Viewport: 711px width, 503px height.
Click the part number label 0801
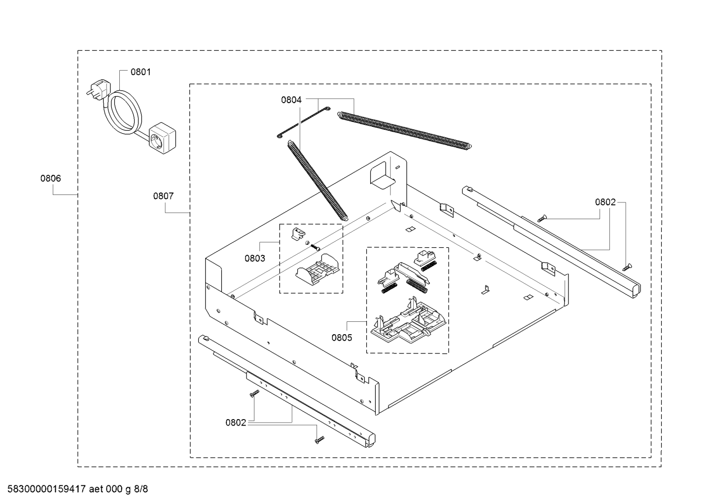pyautogui.click(x=141, y=72)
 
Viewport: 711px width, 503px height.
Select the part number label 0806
pyautogui.click(x=50, y=178)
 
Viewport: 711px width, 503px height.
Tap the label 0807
pyautogui.click(x=164, y=196)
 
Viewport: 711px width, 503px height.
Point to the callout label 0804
pyautogui.click(x=291, y=100)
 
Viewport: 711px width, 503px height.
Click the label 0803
pyautogui.click(x=254, y=258)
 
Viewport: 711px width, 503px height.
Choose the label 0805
pyautogui.click(x=342, y=338)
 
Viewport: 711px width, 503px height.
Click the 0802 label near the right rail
pyautogui.click(x=605, y=202)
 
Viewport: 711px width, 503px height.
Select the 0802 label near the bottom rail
pyautogui.click(x=236, y=423)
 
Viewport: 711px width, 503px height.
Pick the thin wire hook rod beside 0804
pyautogui.click(x=303, y=122)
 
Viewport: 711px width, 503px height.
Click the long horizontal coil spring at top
pyautogui.click(x=404, y=131)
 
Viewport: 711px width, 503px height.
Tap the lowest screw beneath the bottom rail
pyautogui.click(x=320, y=439)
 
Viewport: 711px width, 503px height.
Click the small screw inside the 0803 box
pyautogui.click(x=314, y=246)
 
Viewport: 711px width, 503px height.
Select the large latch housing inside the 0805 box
pyautogui.click(x=409, y=323)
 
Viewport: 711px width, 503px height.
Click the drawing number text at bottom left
pyautogui.click(x=78, y=489)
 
